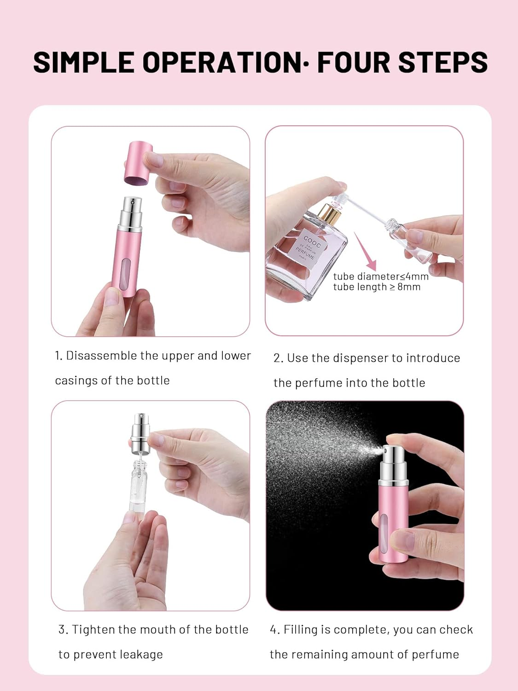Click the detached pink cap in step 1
pyautogui.click(x=138, y=164)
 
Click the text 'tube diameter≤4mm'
pyautogui.click(x=380, y=276)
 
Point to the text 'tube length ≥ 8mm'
pyautogui.click(x=377, y=287)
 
